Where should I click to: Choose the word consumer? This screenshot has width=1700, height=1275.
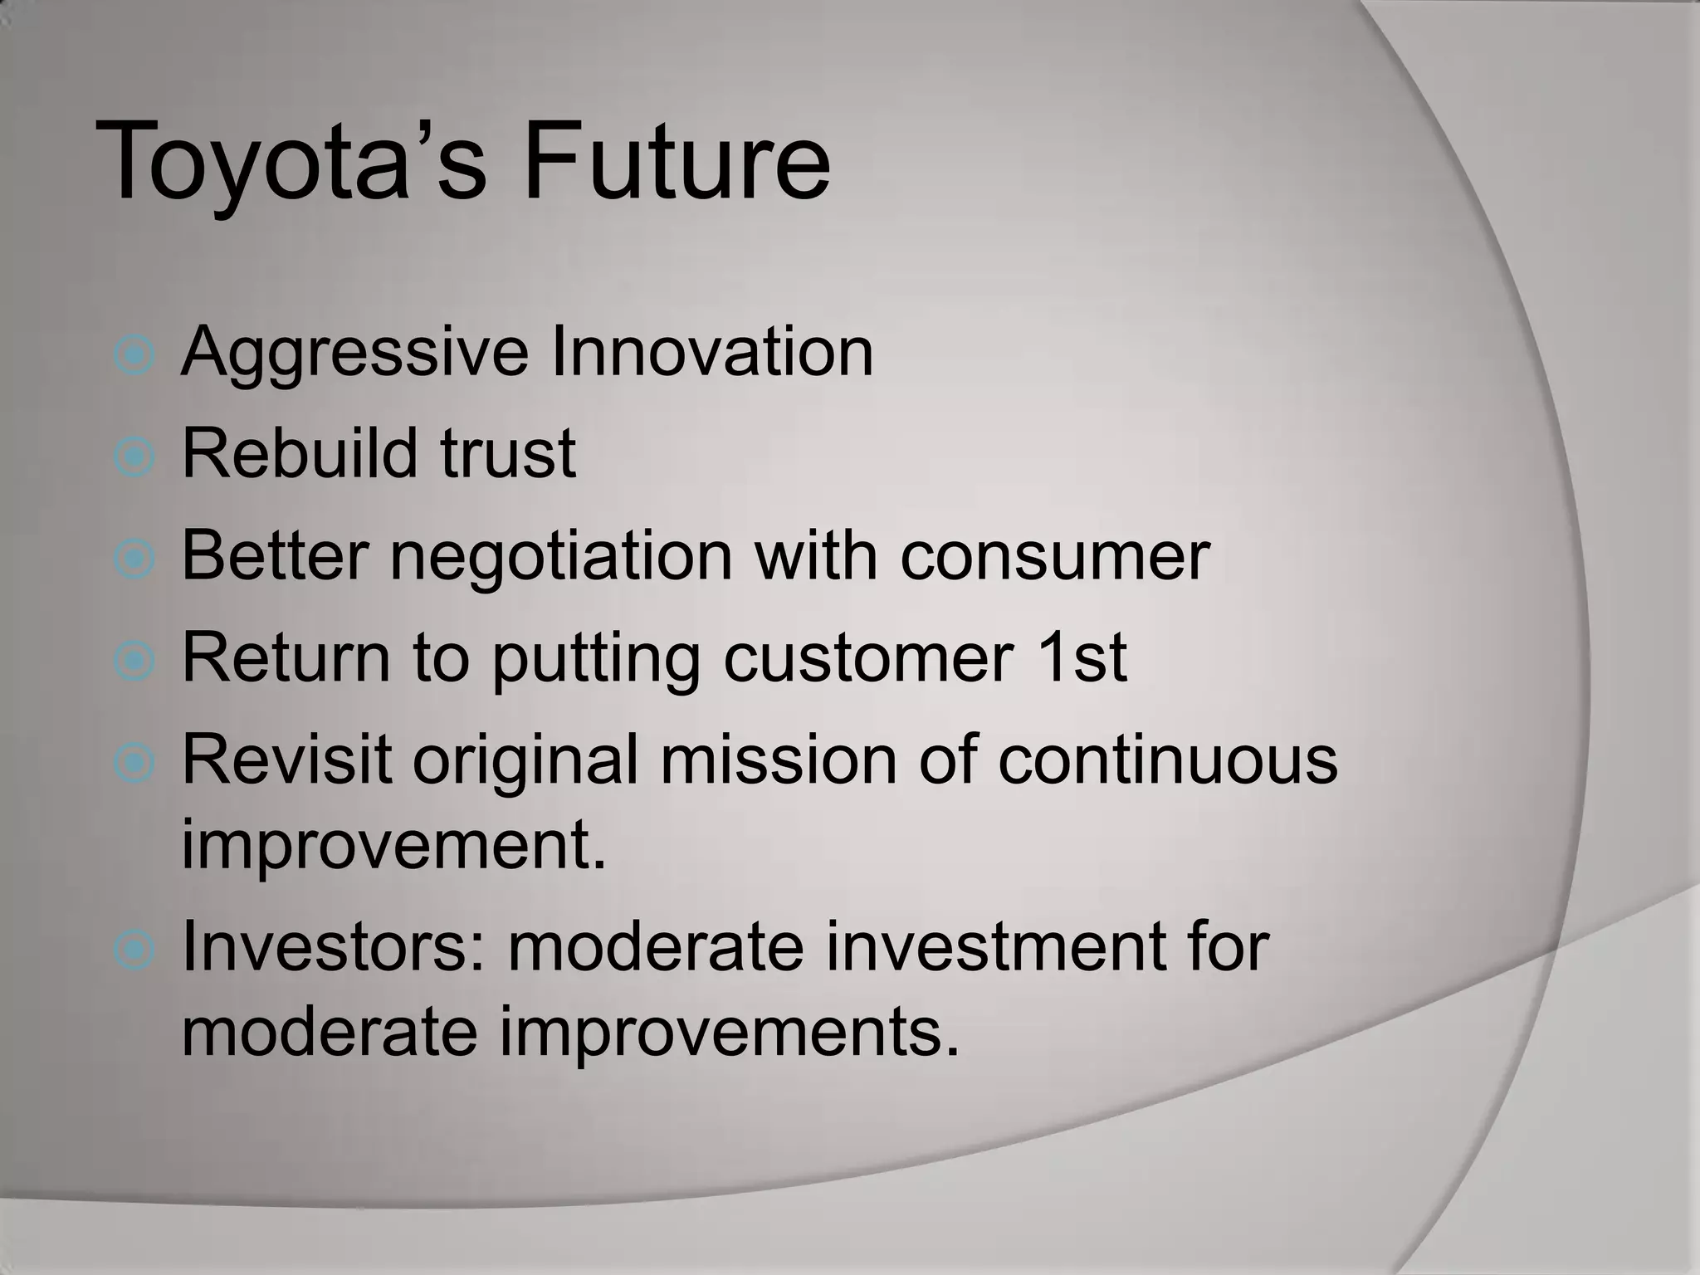click(x=1054, y=556)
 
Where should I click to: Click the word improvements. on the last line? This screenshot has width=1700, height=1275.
click(x=729, y=1034)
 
